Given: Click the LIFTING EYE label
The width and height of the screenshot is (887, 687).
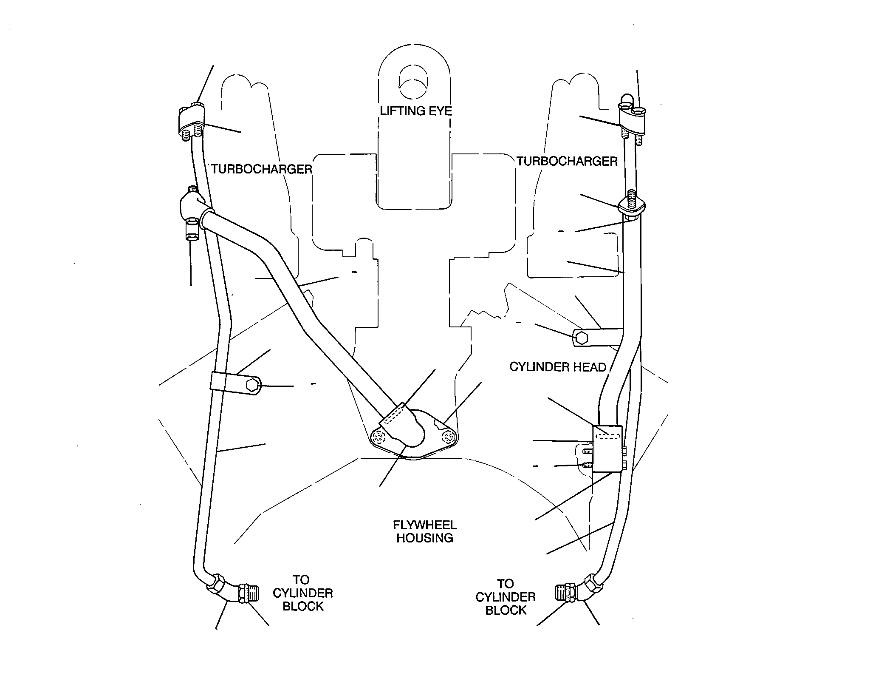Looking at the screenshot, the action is pyautogui.click(x=415, y=111).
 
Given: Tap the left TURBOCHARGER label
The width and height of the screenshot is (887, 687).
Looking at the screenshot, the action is pyautogui.click(x=262, y=169).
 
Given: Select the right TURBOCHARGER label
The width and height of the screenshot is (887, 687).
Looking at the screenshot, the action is pyautogui.click(x=567, y=161).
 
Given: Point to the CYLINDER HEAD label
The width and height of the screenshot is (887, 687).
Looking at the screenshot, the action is pyautogui.click(x=558, y=367).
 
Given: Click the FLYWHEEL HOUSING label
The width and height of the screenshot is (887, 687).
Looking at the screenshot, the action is pyautogui.click(x=424, y=531).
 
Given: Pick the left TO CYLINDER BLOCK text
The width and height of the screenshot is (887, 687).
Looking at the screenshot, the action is pyautogui.click(x=302, y=593).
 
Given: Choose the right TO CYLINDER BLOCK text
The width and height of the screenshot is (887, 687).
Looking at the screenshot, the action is pyautogui.click(x=506, y=597).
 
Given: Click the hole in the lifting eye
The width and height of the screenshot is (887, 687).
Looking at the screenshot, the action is pyautogui.click(x=413, y=83).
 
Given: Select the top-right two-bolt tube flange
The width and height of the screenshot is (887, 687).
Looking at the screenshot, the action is pyautogui.click(x=633, y=117).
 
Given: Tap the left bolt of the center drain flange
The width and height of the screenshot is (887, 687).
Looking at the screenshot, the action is pyautogui.click(x=378, y=437).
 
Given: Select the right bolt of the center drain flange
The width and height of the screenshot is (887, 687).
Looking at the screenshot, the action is pyautogui.click(x=449, y=437).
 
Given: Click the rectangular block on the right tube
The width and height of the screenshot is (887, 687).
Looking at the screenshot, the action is pyautogui.click(x=607, y=449).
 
